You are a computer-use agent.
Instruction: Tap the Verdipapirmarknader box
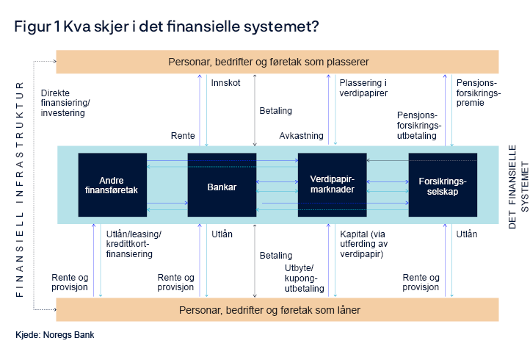pos(333,184)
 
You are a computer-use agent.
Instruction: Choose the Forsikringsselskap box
pos(442,185)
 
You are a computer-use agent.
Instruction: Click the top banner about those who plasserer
pos(277,62)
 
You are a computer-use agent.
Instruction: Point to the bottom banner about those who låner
pos(277,310)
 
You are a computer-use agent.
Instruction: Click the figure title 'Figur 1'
pos(165,27)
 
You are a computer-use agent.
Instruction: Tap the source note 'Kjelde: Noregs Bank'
pos(55,335)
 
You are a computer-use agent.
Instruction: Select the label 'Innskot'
pos(225,82)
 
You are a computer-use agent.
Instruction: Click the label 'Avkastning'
pos(301,136)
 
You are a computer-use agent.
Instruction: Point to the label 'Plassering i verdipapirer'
pos(363,87)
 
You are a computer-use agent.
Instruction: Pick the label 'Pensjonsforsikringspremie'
pos(478,93)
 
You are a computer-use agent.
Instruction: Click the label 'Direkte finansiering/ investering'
pos(65,104)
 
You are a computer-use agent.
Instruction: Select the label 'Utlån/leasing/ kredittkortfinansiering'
pos(133,244)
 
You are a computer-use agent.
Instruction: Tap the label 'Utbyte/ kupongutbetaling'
pos(304,278)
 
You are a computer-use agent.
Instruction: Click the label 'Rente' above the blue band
pos(183,136)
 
